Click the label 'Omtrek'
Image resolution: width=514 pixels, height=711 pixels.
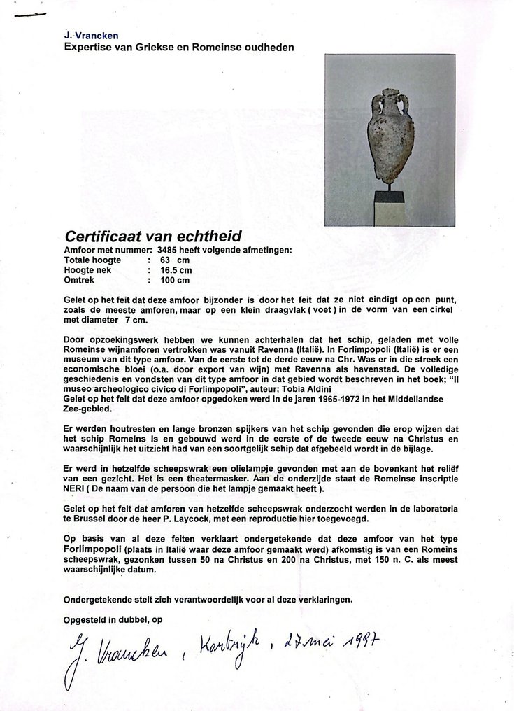(79, 280)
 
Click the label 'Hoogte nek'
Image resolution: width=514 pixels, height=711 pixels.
(88, 269)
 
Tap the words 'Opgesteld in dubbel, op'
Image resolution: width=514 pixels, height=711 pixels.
(112, 618)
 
